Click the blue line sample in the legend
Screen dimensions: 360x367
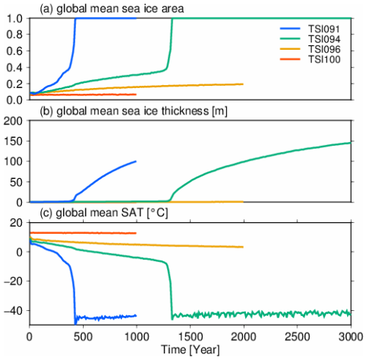click(290, 27)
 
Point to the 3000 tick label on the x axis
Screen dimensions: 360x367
click(350, 337)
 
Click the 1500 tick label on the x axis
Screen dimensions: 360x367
click(189, 337)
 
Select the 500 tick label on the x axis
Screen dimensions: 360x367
click(82, 337)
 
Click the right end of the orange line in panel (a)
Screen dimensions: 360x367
click(243, 84)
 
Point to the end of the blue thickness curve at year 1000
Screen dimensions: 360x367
click(136, 161)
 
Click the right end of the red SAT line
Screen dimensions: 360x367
click(136, 233)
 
